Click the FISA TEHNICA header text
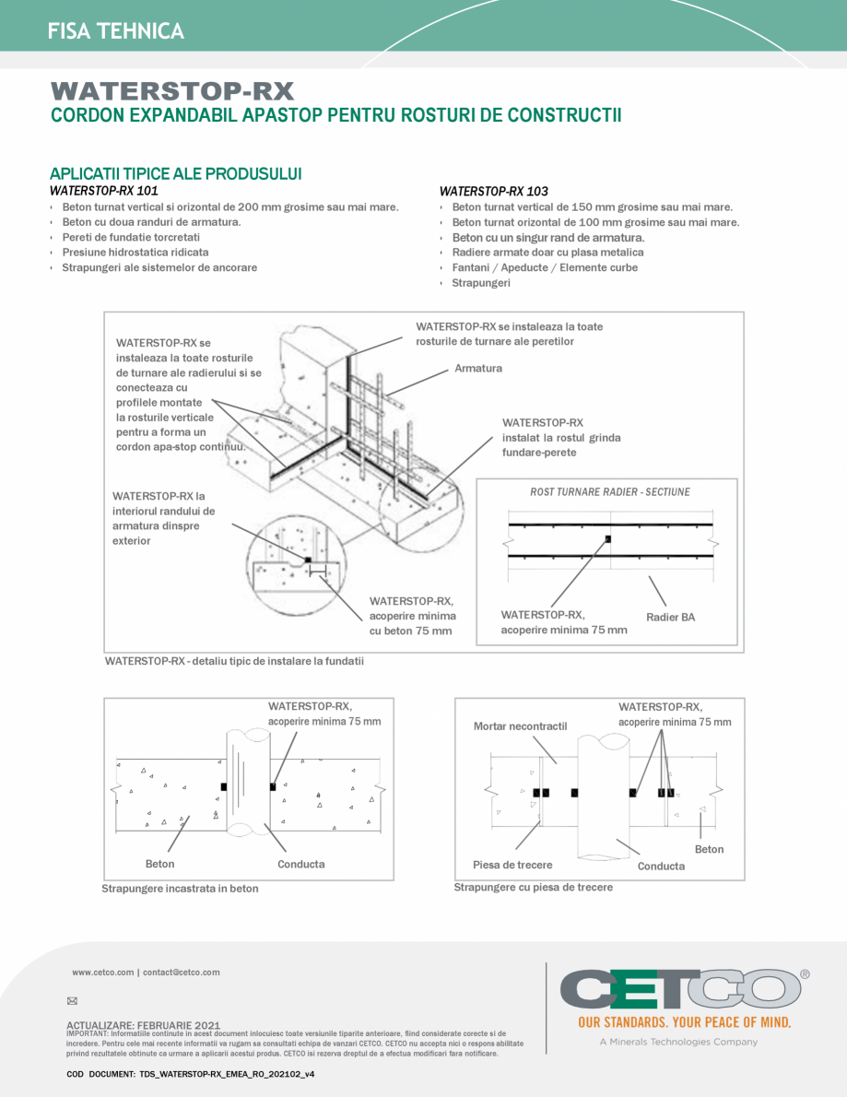pyautogui.click(x=116, y=31)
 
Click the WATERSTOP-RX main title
pyautogui.click(x=172, y=91)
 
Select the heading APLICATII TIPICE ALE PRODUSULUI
pyautogui.click(x=176, y=174)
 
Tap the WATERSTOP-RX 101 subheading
pyautogui.click(x=103, y=191)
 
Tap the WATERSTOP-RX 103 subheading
pyautogui.click(x=493, y=192)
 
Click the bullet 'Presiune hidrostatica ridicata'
pyautogui.click(x=135, y=252)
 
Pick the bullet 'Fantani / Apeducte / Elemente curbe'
pyautogui.click(x=545, y=267)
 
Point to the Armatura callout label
pyautogui.click(x=478, y=369)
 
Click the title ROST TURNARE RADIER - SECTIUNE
pyautogui.click(x=609, y=492)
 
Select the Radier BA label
pyautogui.click(x=670, y=617)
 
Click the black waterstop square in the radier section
pyautogui.click(x=607, y=539)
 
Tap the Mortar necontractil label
pyautogui.click(x=520, y=726)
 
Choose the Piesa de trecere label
pyautogui.click(x=512, y=865)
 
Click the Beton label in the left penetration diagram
pyautogui.click(x=159, y=864)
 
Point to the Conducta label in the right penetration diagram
pyautogui.click(x=661, y=866)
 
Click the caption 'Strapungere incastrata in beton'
pyautogui.click(x=180, y=889)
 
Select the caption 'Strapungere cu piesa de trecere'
pyautogui.click(x=533, y=887)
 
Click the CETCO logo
pyautogui.click(x=680, y=991)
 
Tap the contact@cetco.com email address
pyautogui.click(x=181, y=972)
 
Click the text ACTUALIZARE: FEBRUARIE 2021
pyautogui.click(x=143, y=1024)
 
